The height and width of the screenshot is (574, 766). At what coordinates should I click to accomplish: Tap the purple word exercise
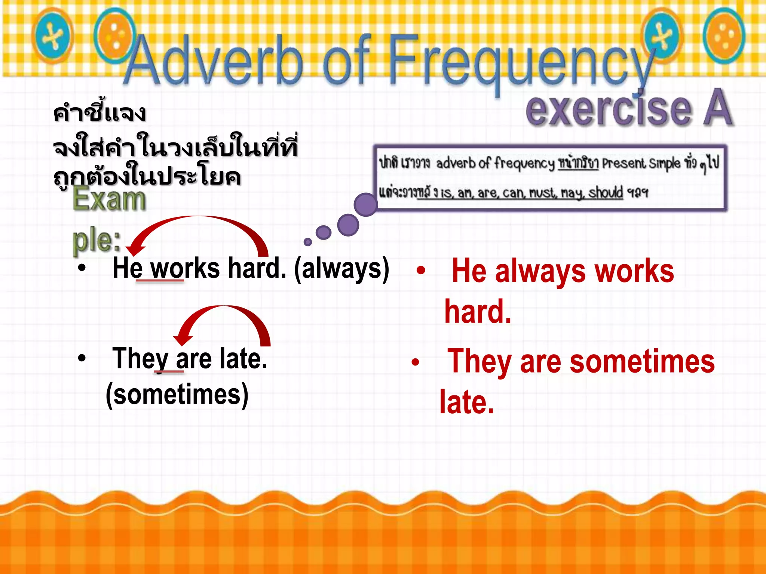coord(608,109)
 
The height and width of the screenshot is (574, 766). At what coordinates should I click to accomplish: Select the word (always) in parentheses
coord(341,268)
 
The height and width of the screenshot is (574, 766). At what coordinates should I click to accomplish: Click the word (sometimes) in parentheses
coord(177,395)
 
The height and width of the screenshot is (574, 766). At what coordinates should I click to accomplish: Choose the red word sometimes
coord(642,362)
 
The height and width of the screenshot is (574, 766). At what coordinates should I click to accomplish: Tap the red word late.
coord(466,402)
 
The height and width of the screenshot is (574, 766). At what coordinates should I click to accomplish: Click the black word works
coord(185,268)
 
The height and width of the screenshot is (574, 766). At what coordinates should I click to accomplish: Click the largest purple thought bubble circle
coord(365,205)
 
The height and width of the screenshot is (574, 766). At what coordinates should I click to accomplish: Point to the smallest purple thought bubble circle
coord(308,242)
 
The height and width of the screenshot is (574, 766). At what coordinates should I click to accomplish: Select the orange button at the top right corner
coord(724,36)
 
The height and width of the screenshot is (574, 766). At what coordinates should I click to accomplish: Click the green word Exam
coord(109,200)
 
